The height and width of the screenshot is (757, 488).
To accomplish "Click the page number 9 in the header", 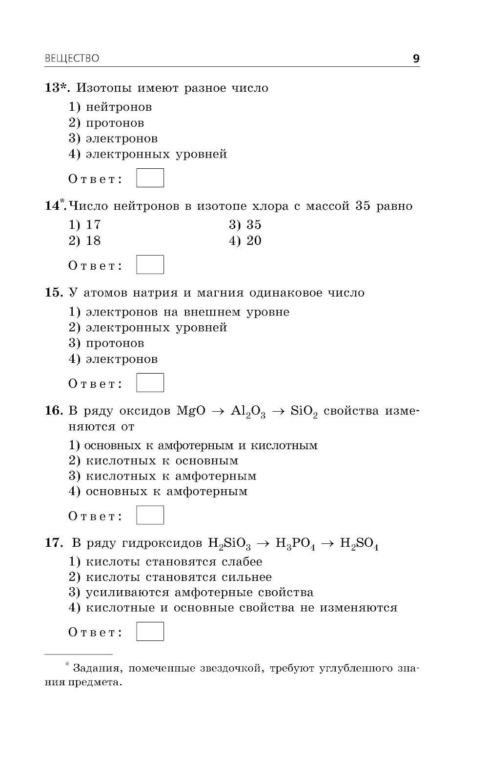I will tap(416, 59).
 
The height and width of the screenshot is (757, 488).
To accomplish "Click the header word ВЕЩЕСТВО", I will tap(72, 59).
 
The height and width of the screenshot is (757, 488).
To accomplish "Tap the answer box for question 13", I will tap(150, 178).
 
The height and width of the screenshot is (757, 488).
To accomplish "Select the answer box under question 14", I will tap(150, 265).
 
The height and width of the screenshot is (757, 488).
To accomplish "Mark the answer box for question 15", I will tap(150, 383).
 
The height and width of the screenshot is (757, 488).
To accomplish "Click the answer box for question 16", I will tap(150, 515).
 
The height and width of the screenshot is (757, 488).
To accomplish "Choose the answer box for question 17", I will tap(150, 631).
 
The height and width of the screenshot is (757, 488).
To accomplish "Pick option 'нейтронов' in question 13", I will tap(119, 107).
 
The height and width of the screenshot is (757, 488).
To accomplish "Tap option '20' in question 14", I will tap(253, 240).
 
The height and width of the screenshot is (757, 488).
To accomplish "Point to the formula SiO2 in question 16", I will tap(304, 411).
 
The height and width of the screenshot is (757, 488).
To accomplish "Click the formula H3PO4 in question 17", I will tap(295, 544).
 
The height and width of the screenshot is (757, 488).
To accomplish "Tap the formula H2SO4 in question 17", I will tap(359, 544).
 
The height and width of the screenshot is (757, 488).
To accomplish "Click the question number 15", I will tap(54, 293).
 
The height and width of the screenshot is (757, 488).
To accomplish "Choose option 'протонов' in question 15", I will tap(115, 343).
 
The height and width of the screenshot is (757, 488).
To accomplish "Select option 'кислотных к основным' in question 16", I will tap(162, 460).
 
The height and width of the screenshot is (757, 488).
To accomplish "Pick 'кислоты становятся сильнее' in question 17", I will tap(179, 577).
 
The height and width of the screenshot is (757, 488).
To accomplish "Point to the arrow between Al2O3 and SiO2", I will tap(278, 411).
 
